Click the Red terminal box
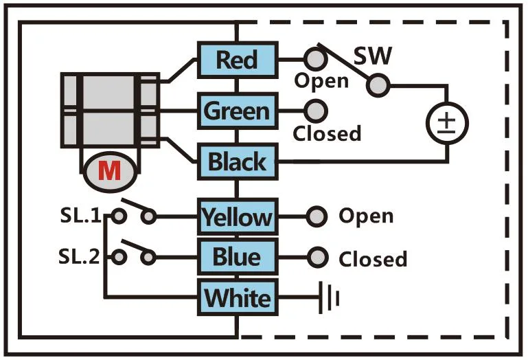237,60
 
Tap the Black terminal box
237,163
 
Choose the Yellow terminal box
237,218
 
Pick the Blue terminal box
237,258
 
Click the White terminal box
237,299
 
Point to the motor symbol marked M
110,170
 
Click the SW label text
374,55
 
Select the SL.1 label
80,217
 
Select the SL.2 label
80,258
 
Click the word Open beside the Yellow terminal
366,216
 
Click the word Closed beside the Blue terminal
373,259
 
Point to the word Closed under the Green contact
327,133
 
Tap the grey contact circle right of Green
316,110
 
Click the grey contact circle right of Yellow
316,217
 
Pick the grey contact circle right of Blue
316,258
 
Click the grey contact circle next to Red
315,58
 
